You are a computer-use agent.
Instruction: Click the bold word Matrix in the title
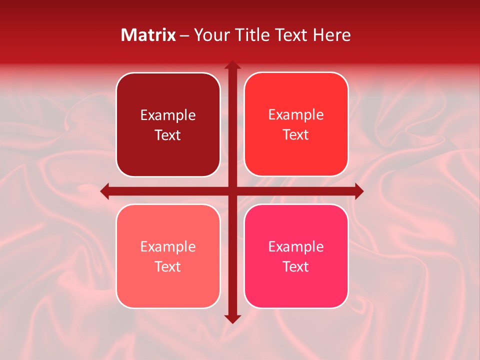coord(148,35)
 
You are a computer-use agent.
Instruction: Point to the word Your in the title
coord(209,35)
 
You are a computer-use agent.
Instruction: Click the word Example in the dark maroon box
coord(168,115)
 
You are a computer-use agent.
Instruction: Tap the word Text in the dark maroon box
coord(168,135)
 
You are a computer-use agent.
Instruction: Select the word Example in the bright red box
coord(296,115)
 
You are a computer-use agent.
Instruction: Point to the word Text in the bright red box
coord(296,134)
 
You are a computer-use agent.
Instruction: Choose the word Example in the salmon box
coord(168,246)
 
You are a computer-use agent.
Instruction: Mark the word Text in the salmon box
coord(168,266)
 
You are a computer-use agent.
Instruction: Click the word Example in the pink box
coord(296,246)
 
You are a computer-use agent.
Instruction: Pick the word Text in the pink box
coord(296,266)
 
